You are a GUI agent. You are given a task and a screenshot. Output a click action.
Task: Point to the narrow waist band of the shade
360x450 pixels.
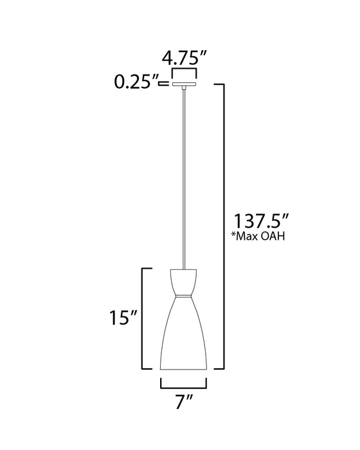(183, 296)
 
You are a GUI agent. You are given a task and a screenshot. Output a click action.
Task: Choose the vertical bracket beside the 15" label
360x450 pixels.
(143, 318)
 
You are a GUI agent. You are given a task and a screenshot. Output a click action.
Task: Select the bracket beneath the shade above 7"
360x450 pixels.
(183, 386)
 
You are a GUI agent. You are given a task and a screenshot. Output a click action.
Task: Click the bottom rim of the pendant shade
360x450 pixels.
(183, 370)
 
